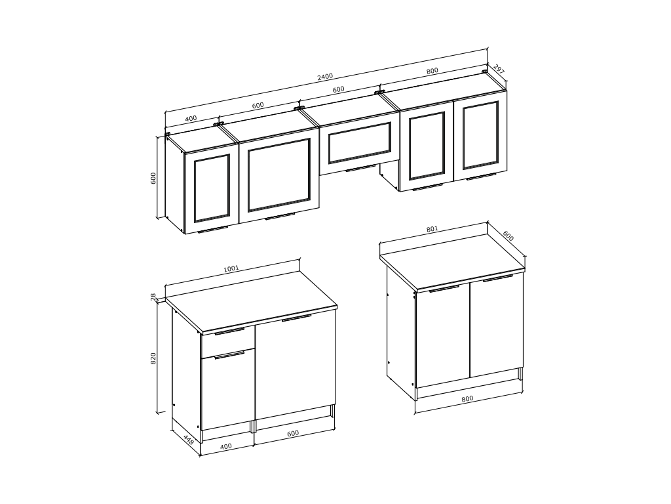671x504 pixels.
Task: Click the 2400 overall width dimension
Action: pyautogui.click(x=325, y=77)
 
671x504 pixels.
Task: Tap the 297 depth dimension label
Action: pyautogui.click(x=498, y=69)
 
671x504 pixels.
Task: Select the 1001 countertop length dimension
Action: pyautogui.click(x=231, y=268)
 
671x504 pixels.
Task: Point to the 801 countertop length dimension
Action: pyautogui.click(x=432, y=229)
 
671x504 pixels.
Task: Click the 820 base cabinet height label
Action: pyautogui.click(x=153, y=358)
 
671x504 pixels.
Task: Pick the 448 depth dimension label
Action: pyautogui.click(x=188, y=439)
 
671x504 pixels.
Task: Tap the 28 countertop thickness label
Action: pyautogui.click(x=153, y=297)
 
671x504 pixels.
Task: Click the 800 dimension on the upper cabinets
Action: pyautogui.click(x=432, y=71)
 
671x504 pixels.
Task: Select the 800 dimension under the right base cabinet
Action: pyautogui.click(x=467, y=398)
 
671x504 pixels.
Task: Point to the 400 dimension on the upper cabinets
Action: pyautogui.click(x=191, y=118)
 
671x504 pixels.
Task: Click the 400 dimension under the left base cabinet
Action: pyautogui.click(x=225, y=446)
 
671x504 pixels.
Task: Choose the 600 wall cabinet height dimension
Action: pyautogui.click(x=153, y=178)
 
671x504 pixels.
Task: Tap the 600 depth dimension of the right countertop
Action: pyautogui.click(x=508, y=236)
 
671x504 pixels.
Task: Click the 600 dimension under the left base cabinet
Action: pyautogui.click(x=293, y=433)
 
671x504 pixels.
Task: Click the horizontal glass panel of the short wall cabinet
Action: pyautogui.click(x=360, y=142)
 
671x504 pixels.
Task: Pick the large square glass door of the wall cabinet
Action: pyautogui.click(x=278, y=175)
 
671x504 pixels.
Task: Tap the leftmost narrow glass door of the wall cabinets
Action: pyautogui.click(x=212, y=188)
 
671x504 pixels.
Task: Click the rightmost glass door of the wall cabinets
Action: pyautogui.click(x=480, y=135)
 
